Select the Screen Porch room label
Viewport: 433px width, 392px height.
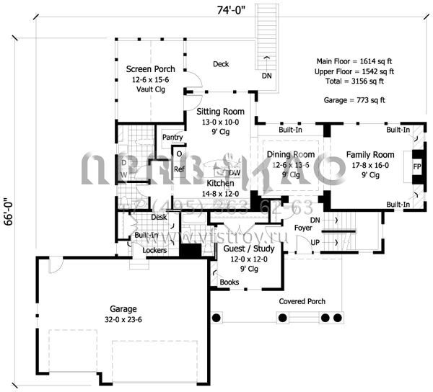tap(150, 69)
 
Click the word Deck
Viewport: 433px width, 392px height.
tap(221, 64)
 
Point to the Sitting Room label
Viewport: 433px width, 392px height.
tap(220, 112)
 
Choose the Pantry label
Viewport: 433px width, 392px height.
tap(172, 136)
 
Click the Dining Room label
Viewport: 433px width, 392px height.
tap(291, 155)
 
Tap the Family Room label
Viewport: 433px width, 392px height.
tap(369, 155)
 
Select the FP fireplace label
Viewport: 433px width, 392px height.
tap(416, 167)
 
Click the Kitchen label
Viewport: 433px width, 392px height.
tap(219, 184)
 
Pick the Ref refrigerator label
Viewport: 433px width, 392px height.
tap(178, 170)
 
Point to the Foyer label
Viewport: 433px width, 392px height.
tap(303, 228)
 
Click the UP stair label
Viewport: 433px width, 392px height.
tap(315, 243)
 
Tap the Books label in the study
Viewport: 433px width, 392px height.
tap(229, 282)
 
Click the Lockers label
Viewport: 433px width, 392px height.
tap(154, 251)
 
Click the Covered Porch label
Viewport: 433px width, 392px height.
tap(302, 301)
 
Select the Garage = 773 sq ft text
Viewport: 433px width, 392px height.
tap(354, 101)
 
